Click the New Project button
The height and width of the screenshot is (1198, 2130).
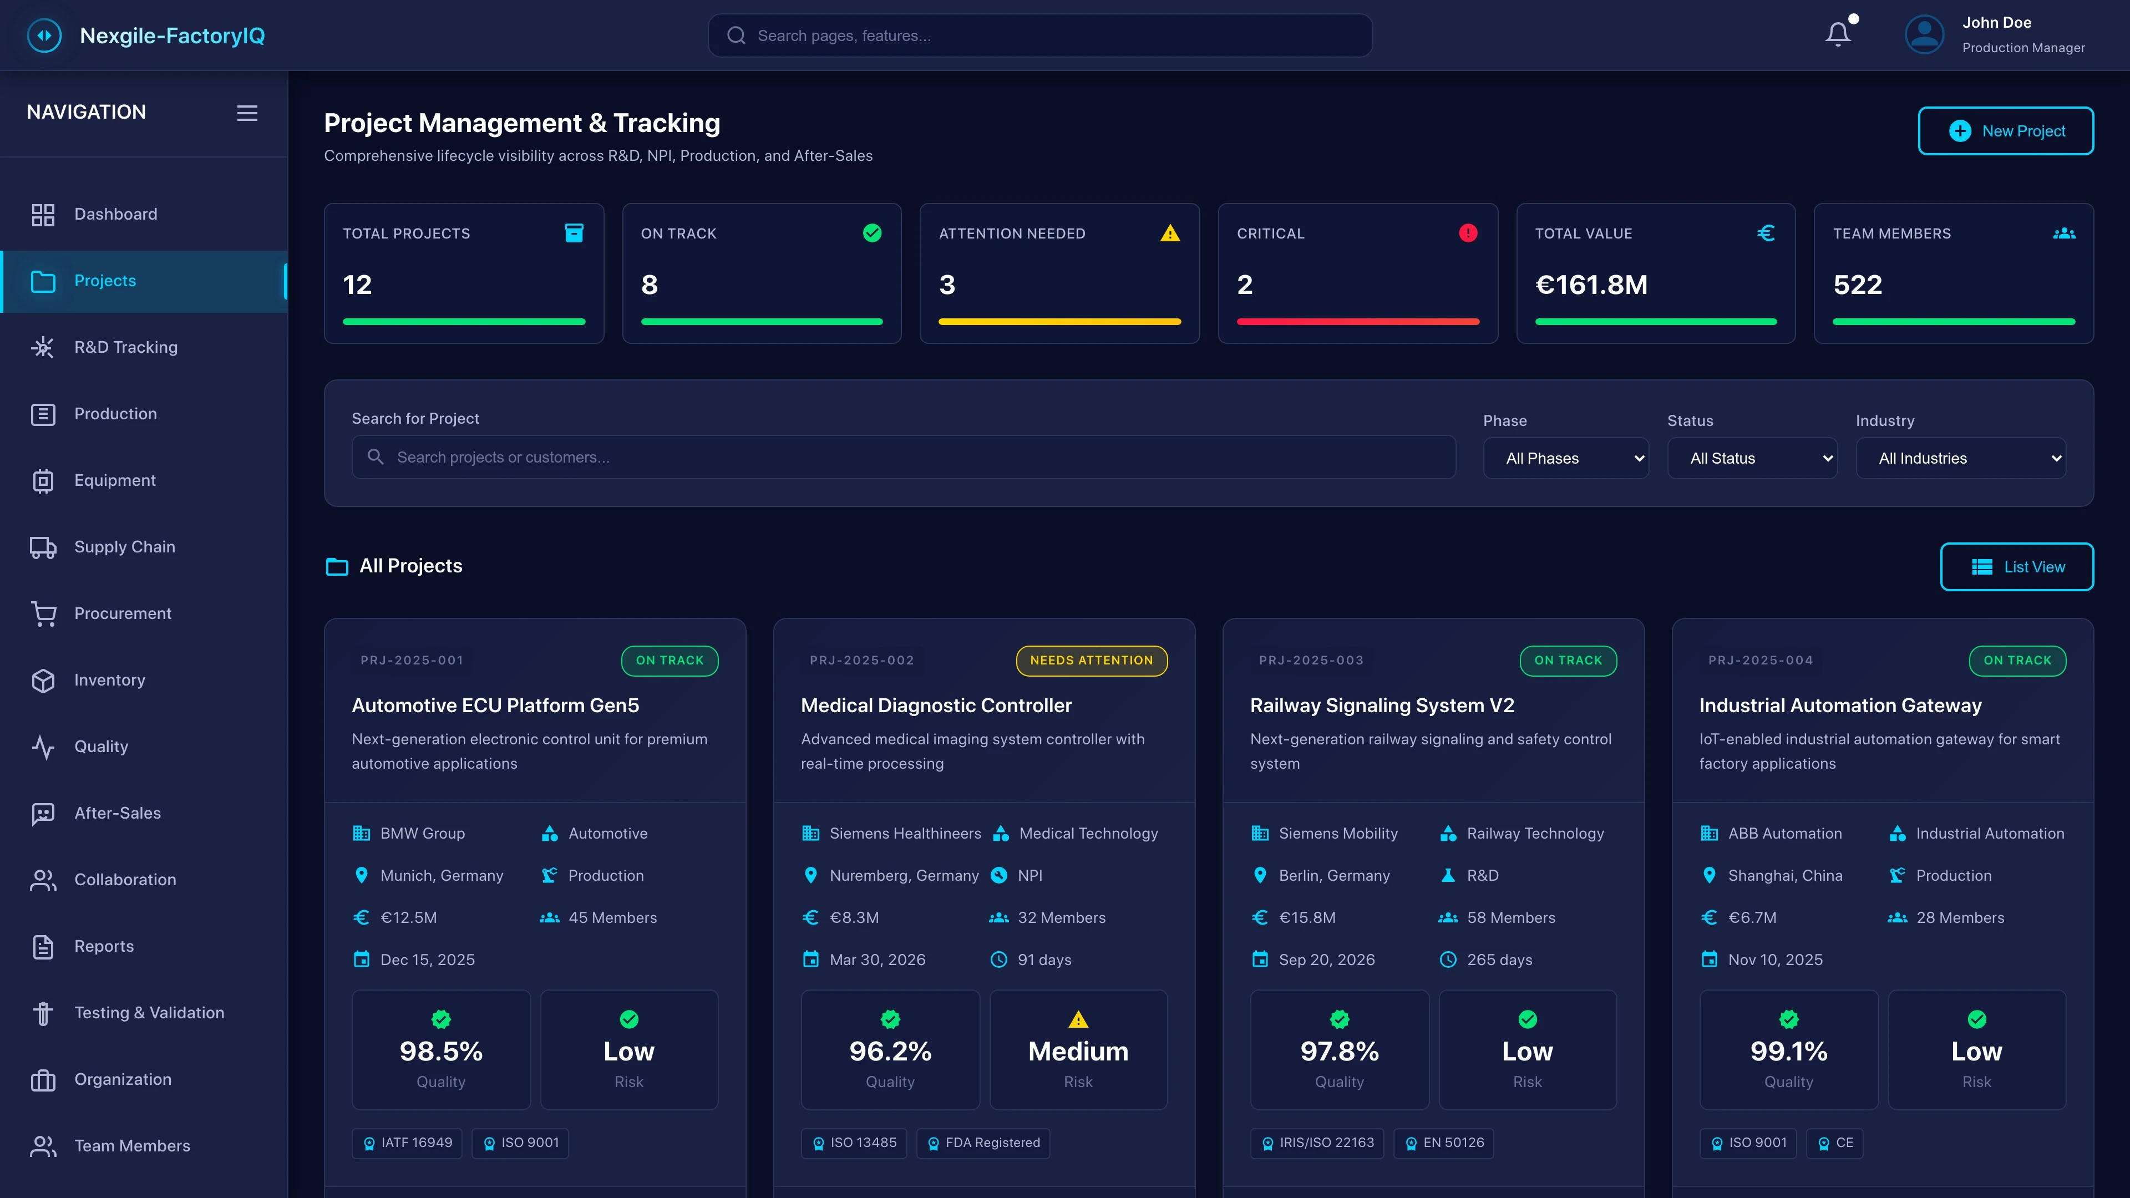pyautogui.click(x=2005, y=131)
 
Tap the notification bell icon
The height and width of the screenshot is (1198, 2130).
pyautogui.click(x=1837, y=35)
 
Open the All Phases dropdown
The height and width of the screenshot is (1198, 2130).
pyautogui.click(x=1565, y=458)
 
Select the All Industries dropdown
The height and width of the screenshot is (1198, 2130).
pyautogui.click(x=1960, y=458)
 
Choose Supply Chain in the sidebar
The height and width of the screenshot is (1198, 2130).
pyautogui.click(x=124, y=546)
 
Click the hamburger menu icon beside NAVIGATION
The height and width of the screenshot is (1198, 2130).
pyautogui.click(x=247, y=113)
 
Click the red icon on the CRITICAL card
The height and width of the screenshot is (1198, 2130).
pyautogui.click(x=1468, y=233)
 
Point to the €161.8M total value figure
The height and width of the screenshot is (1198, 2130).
pyautogui.click(x=1591, y=285)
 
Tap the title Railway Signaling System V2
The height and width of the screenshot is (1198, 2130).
pyautogui.click(x=1382, y=705)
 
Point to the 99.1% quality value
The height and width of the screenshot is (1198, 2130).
pyautogui.click(x=1788, y=1051)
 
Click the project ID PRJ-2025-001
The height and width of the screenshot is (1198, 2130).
pyautogui.click(x=412, y=661)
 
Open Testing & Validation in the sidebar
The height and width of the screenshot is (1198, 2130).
pyautogui.click(x=149, y=1013)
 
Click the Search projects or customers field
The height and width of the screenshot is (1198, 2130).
pyautogui.click(x=903, y=457)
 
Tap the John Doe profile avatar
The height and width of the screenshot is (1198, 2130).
pyautogui.click(x=1924, y=35)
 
